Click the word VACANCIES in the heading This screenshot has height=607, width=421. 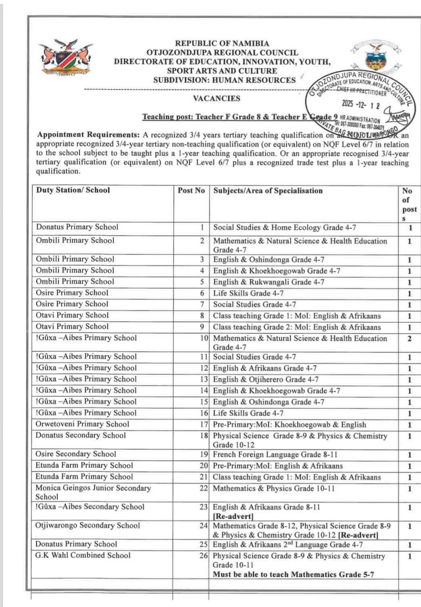[216, 98]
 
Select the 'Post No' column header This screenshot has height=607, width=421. [191, 190]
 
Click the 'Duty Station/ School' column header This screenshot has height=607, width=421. [73, 190]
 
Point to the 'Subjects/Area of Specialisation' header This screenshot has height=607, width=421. [268, 191]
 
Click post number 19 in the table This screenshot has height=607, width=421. [203, 454]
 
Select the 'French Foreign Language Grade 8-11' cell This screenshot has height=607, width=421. [275, 455]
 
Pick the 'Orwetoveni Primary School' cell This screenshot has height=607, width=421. [82, 424]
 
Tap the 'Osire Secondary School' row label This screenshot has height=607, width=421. [76, 454]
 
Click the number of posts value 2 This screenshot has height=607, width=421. [410, 339]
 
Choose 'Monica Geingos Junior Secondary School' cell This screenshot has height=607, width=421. [93, 492]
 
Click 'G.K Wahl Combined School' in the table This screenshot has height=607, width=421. [83, 555]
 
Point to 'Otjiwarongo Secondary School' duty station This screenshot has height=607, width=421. [88, 525]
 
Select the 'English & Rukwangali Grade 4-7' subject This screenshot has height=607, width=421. [269, 282]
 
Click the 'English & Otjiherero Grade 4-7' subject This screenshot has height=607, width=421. [266, 380]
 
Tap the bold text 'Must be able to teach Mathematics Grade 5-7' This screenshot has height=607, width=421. [293, 574]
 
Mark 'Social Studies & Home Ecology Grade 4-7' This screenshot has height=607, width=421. [285, 227]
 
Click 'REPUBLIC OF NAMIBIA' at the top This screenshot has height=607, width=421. [222, 43]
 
